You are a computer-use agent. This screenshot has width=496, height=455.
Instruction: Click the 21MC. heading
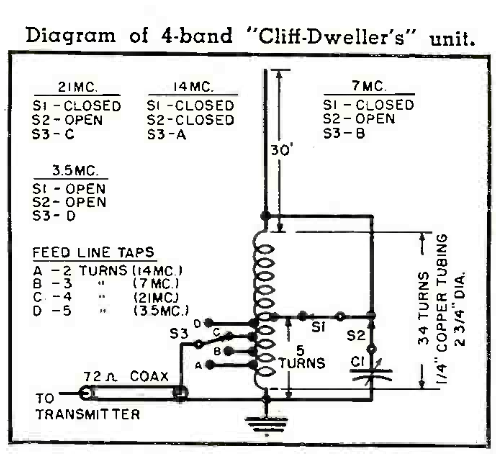click(x=78, y=87)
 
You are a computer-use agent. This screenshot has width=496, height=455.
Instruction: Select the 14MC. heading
click(x=193, y=87)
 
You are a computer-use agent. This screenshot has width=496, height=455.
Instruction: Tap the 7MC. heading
click(x=369, y=86)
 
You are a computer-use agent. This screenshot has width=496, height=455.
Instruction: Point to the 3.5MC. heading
click(x=75, y=170)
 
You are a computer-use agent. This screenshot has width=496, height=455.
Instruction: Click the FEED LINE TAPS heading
click(x=94, y=252)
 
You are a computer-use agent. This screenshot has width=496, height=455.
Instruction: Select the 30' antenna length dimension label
click(x=282, y=150)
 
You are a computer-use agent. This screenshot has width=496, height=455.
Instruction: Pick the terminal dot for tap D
click(x=209, y=323)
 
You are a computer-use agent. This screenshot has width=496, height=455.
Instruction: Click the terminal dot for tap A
click(x=210, y=365)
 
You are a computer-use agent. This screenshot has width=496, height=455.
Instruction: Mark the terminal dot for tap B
click(x=228, y=351)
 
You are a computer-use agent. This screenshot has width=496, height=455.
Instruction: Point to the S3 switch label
click(x=179, y=333)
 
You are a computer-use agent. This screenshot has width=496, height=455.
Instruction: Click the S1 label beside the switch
click(x=319, y=327)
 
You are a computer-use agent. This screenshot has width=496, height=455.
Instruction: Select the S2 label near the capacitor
click(x=356, y=335)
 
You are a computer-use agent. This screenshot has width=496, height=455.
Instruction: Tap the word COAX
click(x=149, y=376)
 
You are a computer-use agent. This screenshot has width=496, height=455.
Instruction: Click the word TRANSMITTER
click(x=88, y=414)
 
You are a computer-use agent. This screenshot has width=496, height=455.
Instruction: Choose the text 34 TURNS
click(x=423, y=308)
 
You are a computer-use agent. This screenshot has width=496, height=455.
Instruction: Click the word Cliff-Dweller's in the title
click(x=331, y=36)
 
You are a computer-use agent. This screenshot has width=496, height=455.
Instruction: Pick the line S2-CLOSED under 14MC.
click(x=190, y=120)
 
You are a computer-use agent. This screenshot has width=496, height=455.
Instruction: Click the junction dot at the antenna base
click(x=266, y=216)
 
